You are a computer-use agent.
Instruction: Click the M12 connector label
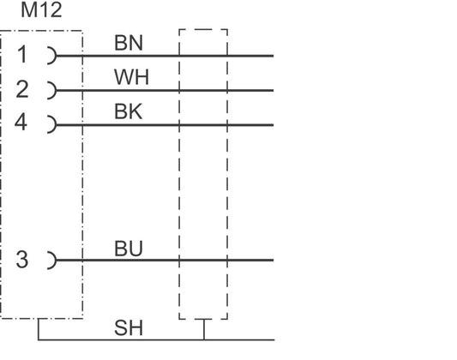pyautogui.click(x=41, y=10)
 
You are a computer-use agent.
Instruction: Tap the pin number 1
pyautogui.click(x=22, y=55)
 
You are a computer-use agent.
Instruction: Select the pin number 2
pyautogui.click(x=22, y=89)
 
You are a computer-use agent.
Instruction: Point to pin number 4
pyautogui.click(x=21, y=122)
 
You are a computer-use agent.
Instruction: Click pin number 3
pyautogui.click(x=22, y=260)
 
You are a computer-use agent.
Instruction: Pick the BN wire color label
pyautogui.click(x=129, y=43)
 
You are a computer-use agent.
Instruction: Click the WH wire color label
pyautogui.click(x=131, y=77)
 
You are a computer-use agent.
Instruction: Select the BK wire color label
pyautogui.click(x=129, y=111)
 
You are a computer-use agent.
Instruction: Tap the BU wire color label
pyautogui.click(x=129, y=249)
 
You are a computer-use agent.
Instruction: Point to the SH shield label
pyautogui.click(x=129, y=327)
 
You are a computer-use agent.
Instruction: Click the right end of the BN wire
pyautogui.click(x=273, y=56)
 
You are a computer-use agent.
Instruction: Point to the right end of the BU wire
pyautogui.click(x=273, y=260)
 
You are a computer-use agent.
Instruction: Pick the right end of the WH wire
pyautogui.click(x=273, y=90)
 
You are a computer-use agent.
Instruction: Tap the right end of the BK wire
pyautogui.click(x=273, y=124)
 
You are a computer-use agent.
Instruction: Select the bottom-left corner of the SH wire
pyautogui.click(x=39, y=339)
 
